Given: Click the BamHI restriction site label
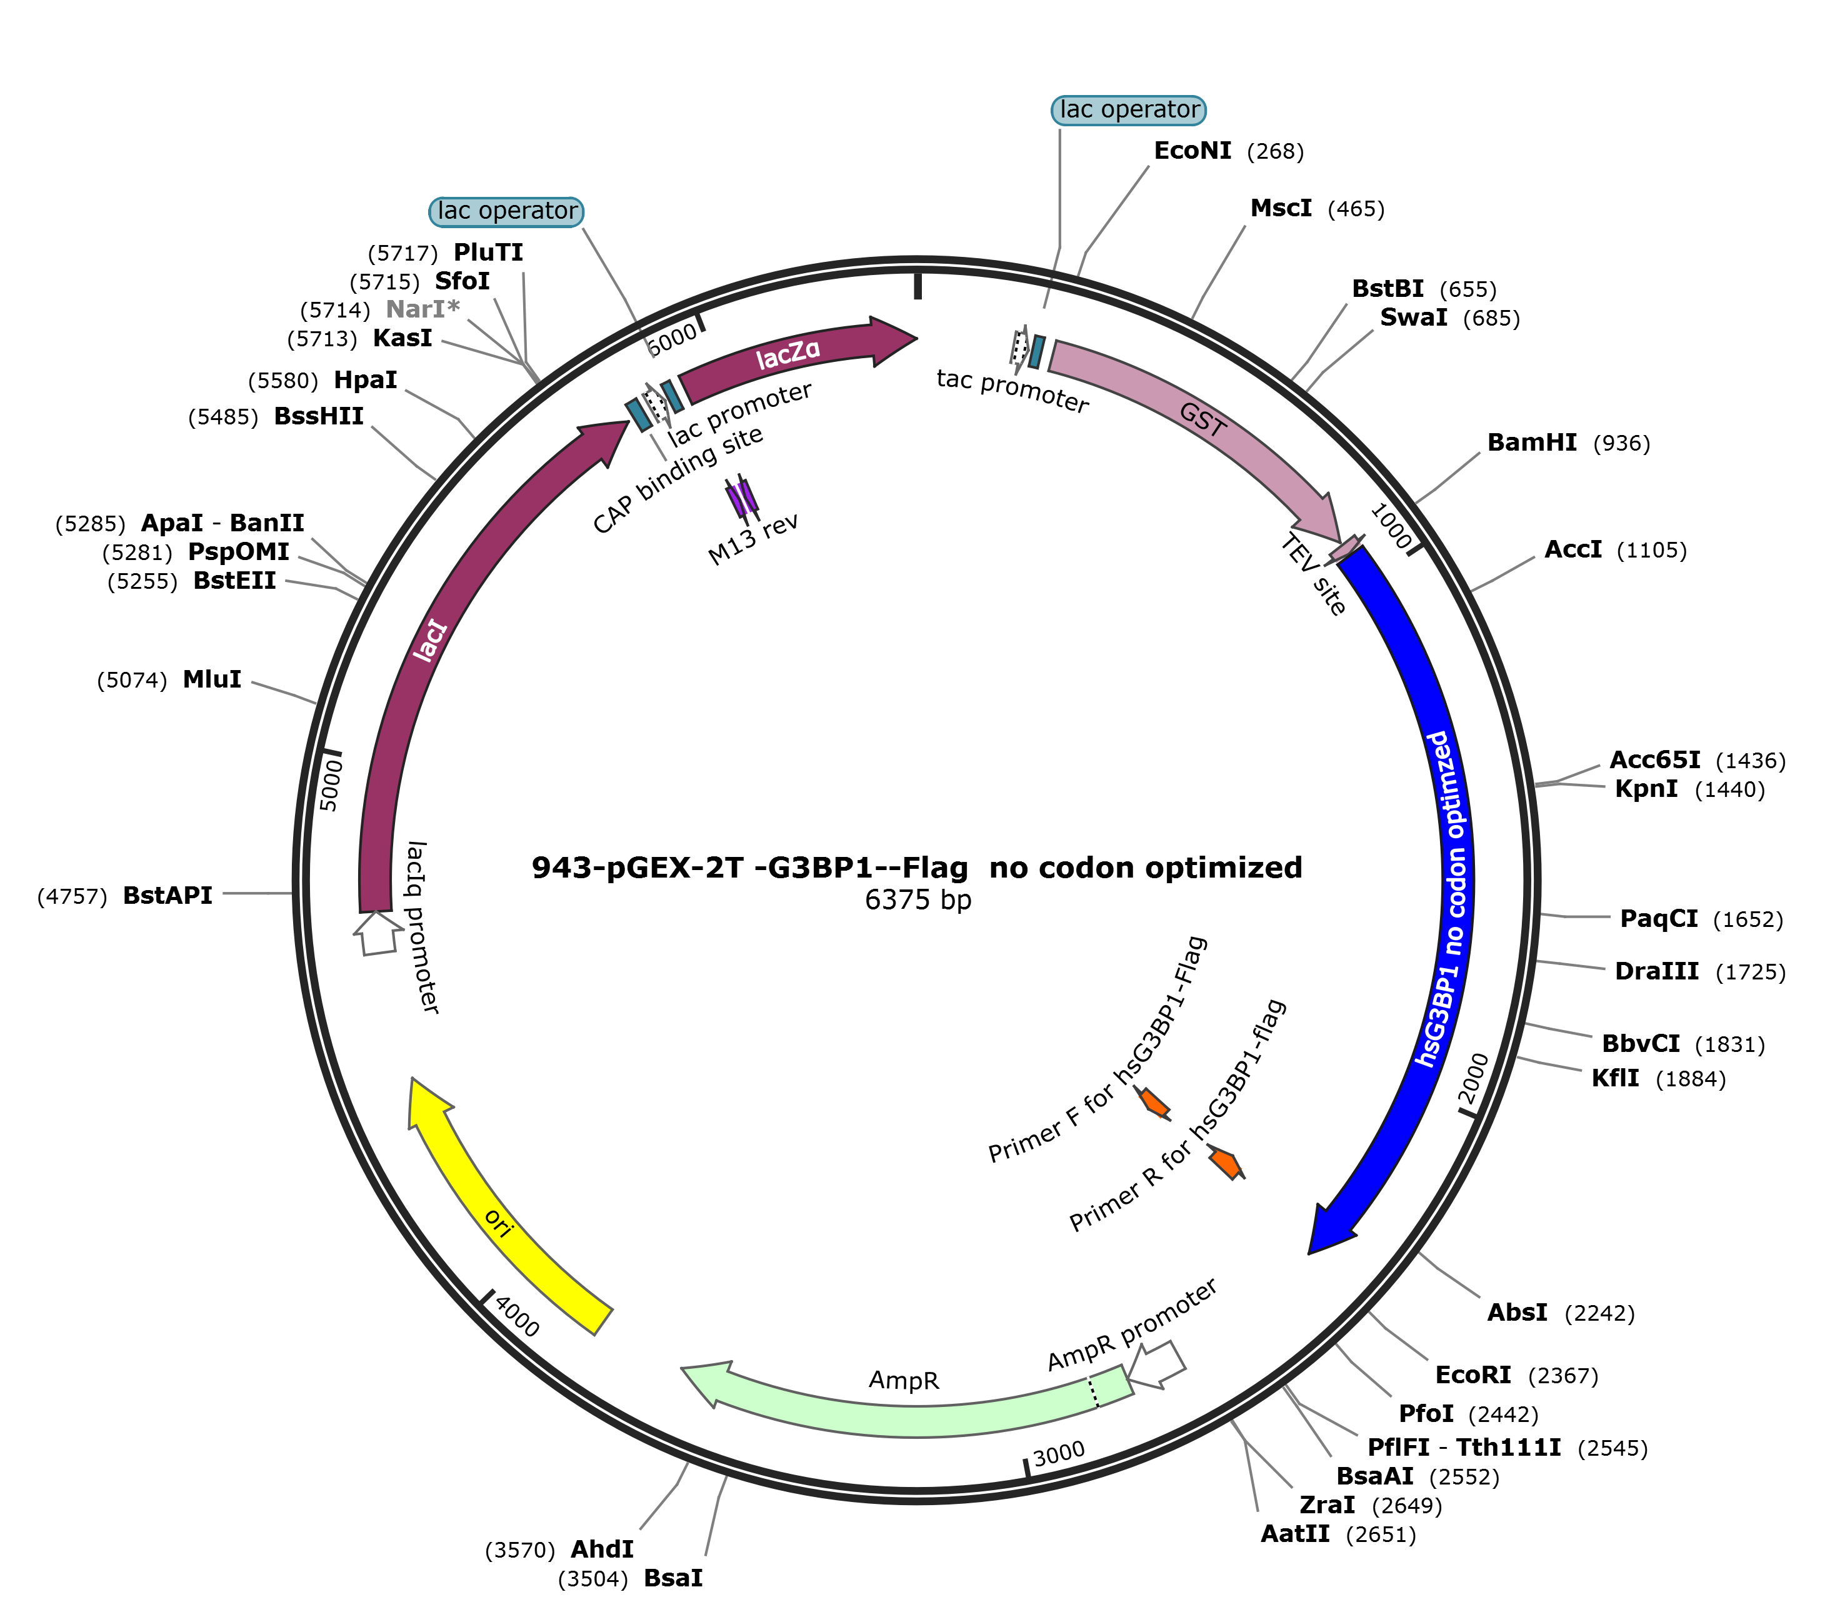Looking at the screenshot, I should click(1531, 443).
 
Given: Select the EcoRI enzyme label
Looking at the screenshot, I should click(1472, 1375).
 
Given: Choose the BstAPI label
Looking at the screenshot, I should click(168, 896).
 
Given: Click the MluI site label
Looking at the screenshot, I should click(212, 679).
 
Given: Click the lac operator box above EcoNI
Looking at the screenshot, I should click(1129, 110).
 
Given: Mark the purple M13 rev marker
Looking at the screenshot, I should click(742, 498).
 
